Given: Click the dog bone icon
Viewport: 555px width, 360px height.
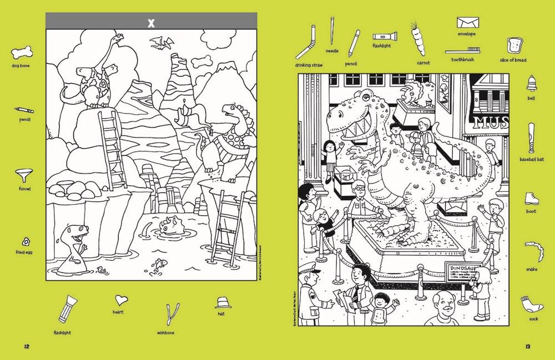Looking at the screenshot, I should click(20, 54).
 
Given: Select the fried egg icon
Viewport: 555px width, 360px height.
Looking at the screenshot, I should click(26, 241).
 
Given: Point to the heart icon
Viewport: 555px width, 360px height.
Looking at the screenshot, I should click(120, 301).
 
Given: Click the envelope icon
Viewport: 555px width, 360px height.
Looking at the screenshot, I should click(467, 23).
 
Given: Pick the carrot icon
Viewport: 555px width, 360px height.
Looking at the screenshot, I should click(417, 39).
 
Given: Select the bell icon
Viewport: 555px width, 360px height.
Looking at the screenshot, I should click(531, 84).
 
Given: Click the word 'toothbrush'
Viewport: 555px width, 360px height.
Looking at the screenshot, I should click(462, 59).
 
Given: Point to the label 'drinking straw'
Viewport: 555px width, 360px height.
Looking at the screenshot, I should click(309, 65).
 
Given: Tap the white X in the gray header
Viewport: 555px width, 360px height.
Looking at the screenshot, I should click(150, 23).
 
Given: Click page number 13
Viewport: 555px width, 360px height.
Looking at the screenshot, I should click(528, 347).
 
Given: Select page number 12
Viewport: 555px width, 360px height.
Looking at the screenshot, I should click(26, 347).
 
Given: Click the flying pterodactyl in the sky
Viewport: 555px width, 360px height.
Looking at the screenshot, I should click(162, 41).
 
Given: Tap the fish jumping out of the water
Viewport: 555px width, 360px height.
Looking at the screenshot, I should click(160, 261).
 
